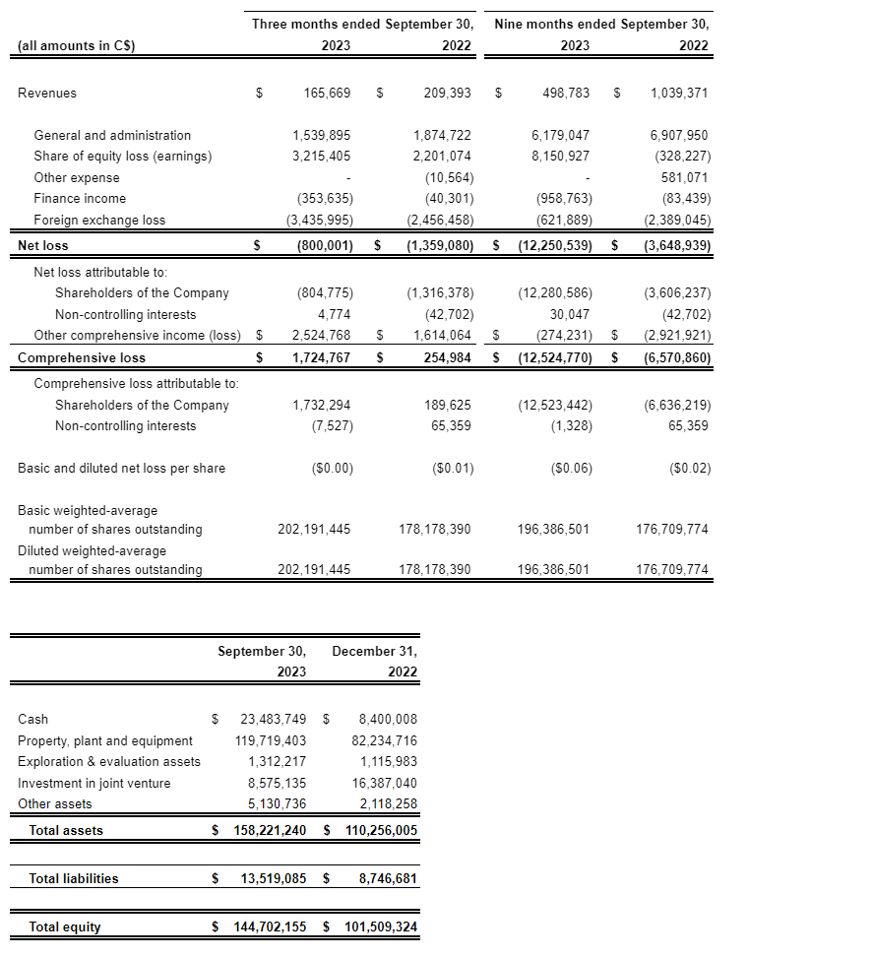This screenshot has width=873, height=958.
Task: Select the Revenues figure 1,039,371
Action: (679, 94)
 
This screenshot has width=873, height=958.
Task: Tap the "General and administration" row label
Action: (112, 136)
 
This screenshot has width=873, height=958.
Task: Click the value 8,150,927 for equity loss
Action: (560, 157)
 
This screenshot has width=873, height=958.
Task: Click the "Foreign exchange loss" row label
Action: (99, 221)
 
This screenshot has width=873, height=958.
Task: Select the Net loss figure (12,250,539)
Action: (555, 245)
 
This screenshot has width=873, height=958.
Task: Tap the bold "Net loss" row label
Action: (43, 245)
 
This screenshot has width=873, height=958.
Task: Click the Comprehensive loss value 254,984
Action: (447, 358)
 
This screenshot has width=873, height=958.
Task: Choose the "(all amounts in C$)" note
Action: (76, 45)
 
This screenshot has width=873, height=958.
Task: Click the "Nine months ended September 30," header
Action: (601, 24)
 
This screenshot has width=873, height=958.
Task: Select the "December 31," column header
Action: (374, 652)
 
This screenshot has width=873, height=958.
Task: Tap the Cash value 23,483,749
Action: (273, 720)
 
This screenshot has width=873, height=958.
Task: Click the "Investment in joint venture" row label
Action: (94, 784)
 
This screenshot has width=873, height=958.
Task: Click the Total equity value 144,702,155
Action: (267, 927)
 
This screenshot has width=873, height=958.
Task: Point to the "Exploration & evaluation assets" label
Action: (108, 762)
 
